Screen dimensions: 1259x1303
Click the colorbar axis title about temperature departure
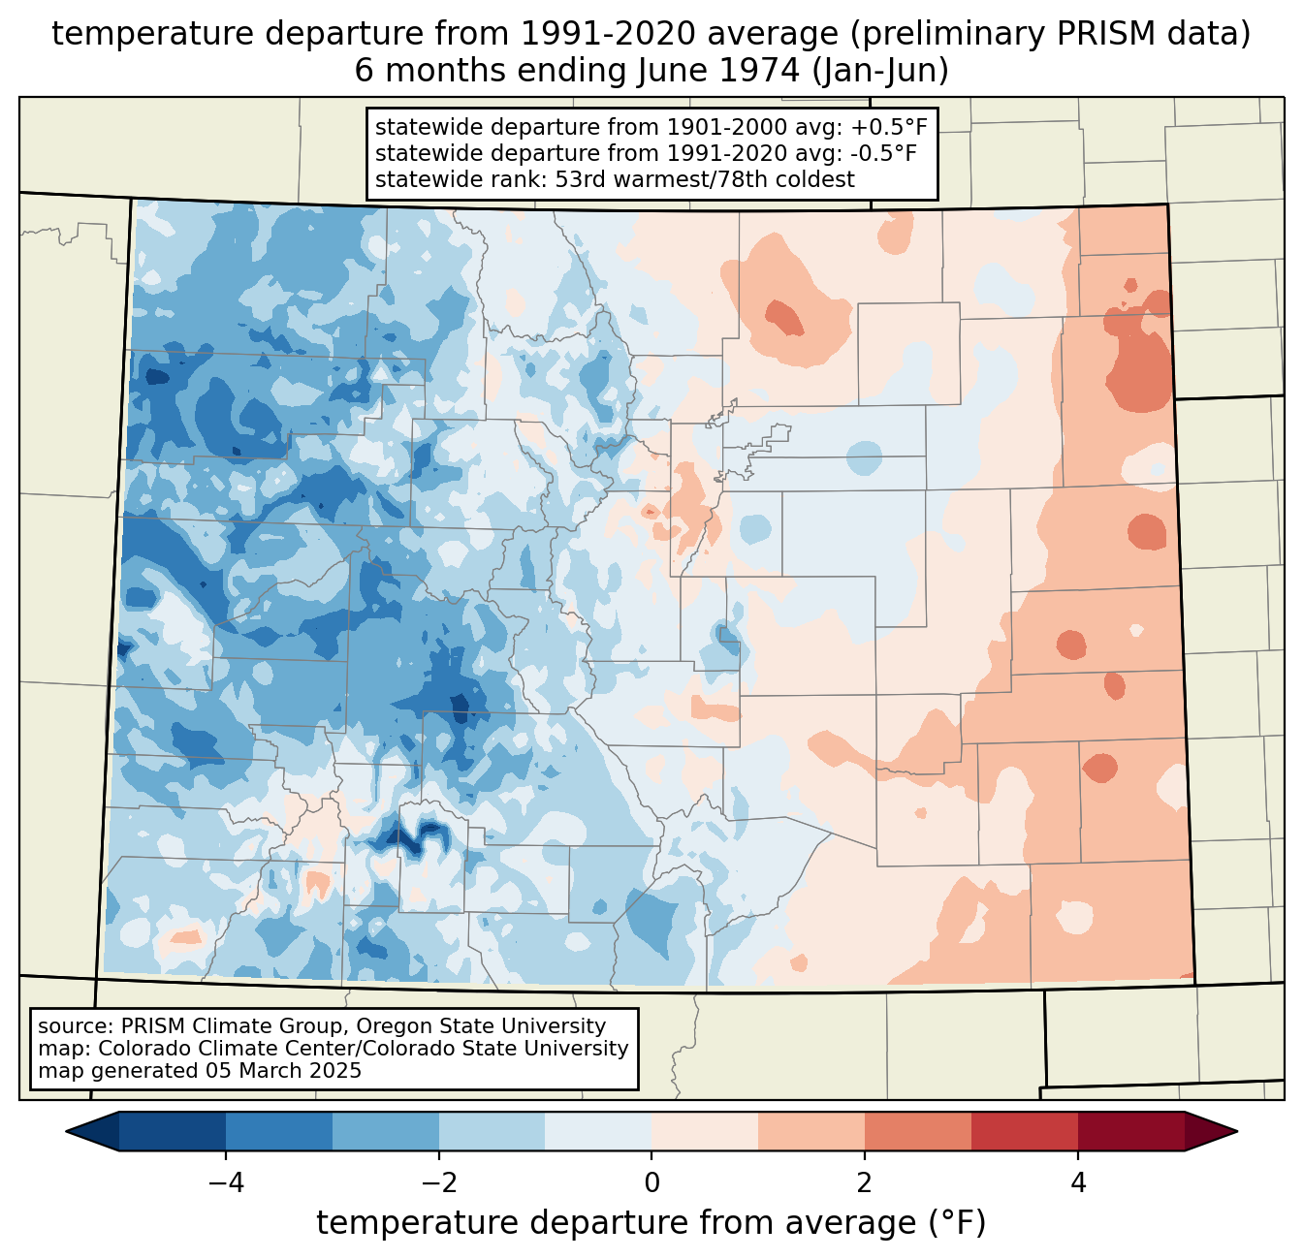click(x=651, y=1223)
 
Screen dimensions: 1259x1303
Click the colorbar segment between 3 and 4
click(x=1025, y=1131)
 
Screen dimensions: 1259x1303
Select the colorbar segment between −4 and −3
click(x=279, y=1131)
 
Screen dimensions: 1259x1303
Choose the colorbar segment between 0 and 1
click(x=705, y=1131)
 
